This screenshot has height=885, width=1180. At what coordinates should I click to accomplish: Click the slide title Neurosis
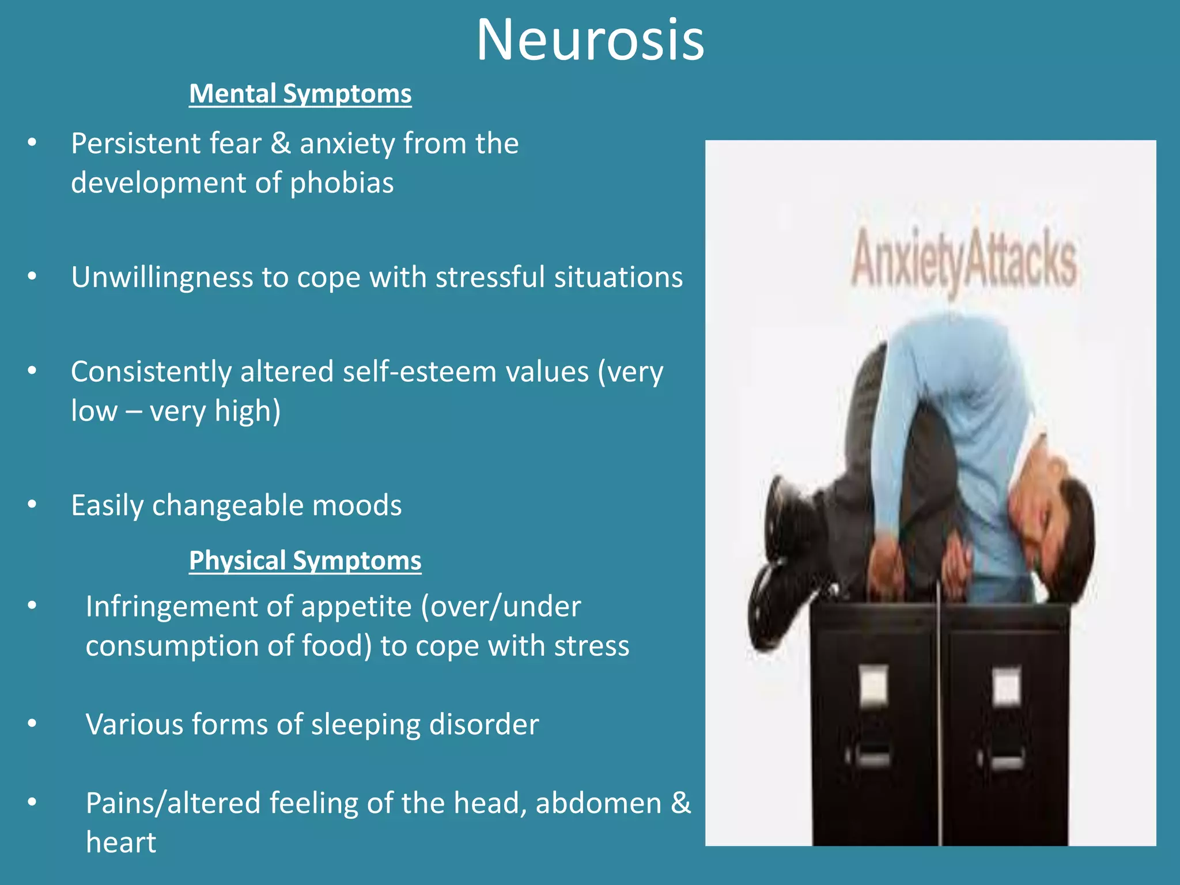click(590, 40)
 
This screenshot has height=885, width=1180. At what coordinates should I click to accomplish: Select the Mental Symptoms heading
click(300, 94)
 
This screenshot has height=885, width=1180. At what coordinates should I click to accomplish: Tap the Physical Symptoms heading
click(305, 561)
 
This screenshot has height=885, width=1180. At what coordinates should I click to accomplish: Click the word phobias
click(342, 183)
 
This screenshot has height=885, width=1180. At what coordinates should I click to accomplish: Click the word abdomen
click(598, 803)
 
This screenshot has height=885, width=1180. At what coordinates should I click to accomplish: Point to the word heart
click(121, 842)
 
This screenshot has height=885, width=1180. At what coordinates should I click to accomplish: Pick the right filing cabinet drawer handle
click(1007, 761)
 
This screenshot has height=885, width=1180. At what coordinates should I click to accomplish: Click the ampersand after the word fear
click(281, 143)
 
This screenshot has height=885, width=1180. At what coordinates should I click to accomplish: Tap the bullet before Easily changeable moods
click(32, 505)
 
